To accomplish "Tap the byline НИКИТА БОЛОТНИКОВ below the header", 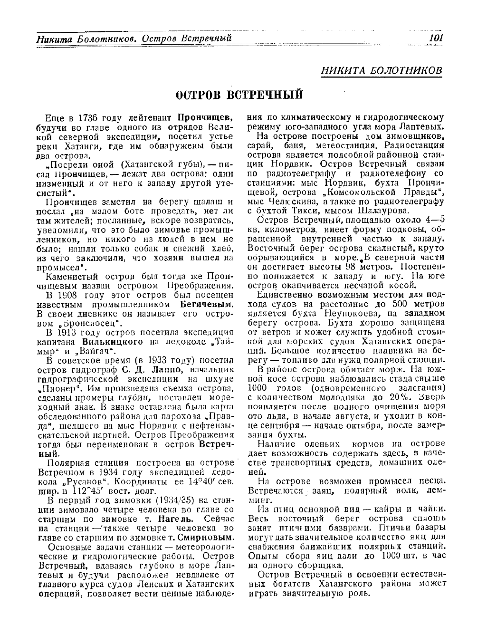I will (382, 70).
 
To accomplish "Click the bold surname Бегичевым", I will (208, 304).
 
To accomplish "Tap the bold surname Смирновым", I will (205, 538).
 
